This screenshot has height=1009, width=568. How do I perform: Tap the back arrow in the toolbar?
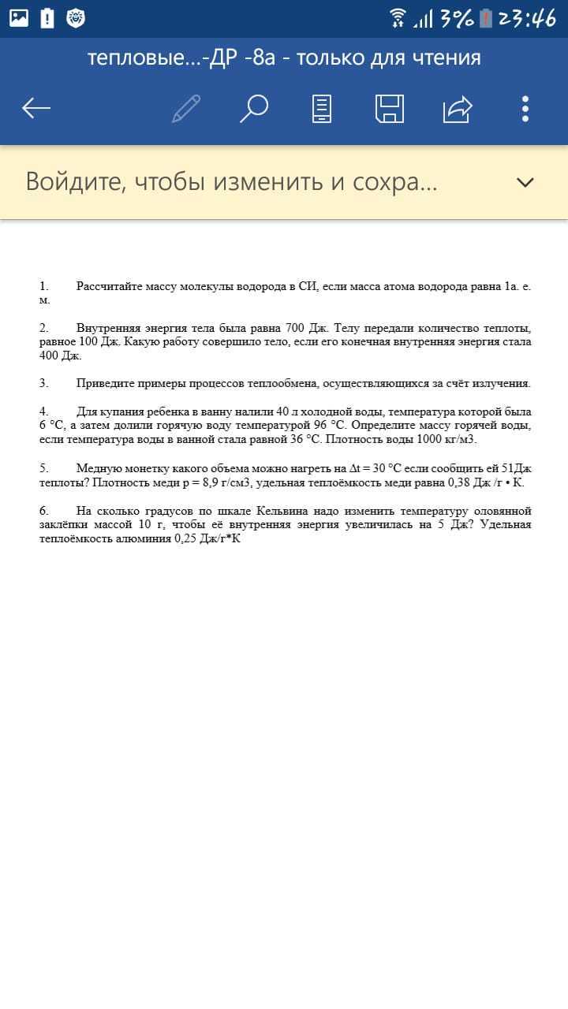coord(36,108)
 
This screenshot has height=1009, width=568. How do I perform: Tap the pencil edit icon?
coord(186,108)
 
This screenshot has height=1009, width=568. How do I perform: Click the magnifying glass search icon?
coord(253,108)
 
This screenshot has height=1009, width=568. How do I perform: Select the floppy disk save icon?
coord(389,108)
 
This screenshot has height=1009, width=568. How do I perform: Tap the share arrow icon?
coord(458,108)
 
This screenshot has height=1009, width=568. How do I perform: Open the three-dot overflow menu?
coord(525,108)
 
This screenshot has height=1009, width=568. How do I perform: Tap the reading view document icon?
coord(322,108)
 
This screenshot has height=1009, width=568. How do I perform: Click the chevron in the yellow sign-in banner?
coord(525,182)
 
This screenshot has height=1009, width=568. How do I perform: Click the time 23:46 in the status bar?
coord(527,18)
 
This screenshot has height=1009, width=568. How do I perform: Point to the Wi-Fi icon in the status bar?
coord(398,17)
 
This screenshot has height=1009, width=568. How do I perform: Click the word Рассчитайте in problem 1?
coord(109,286)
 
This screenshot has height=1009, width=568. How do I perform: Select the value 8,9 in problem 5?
coord(212,482)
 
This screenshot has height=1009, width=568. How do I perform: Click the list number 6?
coord(44,511)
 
